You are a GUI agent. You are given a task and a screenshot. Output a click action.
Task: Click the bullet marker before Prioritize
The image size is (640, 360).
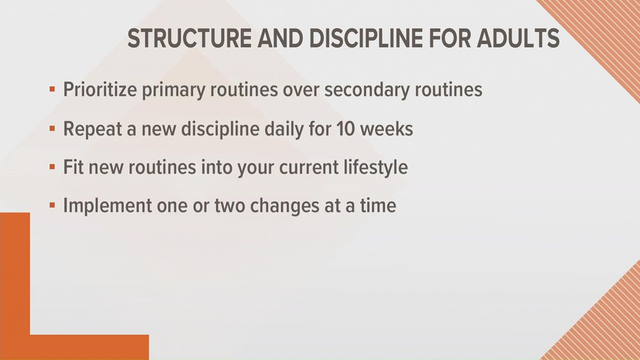[x=52, y=89]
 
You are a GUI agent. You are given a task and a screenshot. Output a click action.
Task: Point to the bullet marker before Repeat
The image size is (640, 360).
[x=52, y=129]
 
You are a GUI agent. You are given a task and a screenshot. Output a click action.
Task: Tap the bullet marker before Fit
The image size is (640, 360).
[x=52, y=167]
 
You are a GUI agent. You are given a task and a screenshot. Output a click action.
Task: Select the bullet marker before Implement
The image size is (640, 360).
[x=52, y=206]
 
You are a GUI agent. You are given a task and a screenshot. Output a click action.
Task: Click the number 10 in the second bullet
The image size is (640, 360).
[x=346, y=129]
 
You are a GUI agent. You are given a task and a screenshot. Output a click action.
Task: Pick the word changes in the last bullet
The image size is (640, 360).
[x=285, y=206]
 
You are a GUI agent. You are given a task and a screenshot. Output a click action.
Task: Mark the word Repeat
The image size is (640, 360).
[x=91, y=129]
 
